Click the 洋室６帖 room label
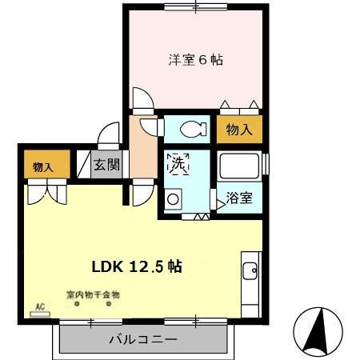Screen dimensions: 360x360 [x=195, y=61]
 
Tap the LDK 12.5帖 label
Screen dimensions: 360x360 [x=142, y=266]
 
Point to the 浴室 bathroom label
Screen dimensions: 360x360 [x=238, y=198]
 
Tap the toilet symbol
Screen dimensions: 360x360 [x=189, y=128]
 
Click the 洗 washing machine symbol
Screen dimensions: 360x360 [x=177, y=165]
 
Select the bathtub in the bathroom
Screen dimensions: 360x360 [x=241, y=167]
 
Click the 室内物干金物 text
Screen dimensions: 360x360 [x=93, y=294]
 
